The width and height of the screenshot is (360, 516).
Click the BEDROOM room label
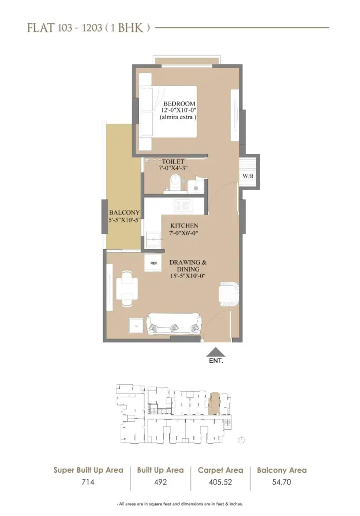point(179,103)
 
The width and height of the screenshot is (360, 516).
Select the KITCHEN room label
point(184,226)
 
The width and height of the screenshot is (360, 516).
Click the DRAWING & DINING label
point(188,263)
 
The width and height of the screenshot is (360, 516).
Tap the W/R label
point(248,176)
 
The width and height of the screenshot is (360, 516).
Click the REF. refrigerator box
point(154,263)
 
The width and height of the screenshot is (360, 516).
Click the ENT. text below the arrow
point(216,362)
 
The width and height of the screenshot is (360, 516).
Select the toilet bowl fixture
point(176,182)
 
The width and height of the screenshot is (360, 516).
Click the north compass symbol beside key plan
point(242,440)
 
